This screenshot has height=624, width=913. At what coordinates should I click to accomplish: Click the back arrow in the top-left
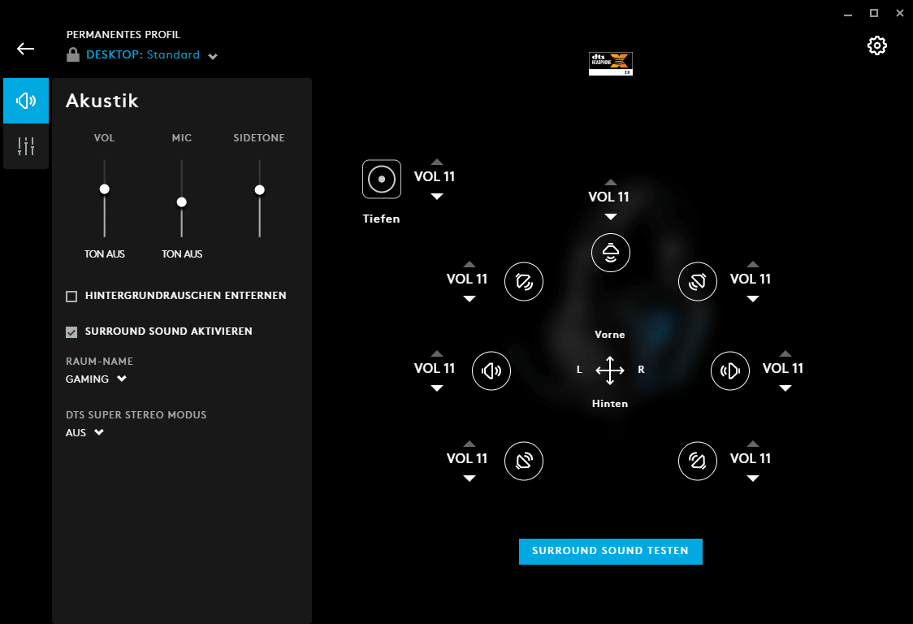click(x=26, y=49)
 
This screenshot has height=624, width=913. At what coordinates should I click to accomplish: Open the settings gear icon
click(x=877, y=45)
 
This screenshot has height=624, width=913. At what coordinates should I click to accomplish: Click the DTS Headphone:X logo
click(x=610, y=63)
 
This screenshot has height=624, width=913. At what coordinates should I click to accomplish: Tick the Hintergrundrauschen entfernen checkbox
click(x=71, y=297)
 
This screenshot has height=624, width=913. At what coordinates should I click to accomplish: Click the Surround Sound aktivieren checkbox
click(x=71, y=332)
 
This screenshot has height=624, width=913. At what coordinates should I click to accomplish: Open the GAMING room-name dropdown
click(x=96, y=379)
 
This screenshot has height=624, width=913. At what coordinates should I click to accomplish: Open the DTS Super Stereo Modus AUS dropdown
click(x=84, y=433)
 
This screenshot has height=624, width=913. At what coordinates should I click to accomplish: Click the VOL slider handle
click(x=104, y=189)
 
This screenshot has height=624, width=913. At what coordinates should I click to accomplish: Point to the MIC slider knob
click(x=182, y=202)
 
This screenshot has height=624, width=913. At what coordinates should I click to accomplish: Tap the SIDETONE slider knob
click(x=260, y=190)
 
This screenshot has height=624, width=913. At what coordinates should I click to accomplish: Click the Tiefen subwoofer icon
click(x=382, y=180)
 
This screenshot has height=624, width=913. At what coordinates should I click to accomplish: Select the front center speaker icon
click(x=610, y=253)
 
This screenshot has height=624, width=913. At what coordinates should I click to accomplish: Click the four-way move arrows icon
click(x=610, y=370)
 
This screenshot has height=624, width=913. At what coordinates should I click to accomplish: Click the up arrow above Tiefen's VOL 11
click(x=437, y=162)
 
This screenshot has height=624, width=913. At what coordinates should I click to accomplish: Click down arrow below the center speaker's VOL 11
click(x=610, y=217)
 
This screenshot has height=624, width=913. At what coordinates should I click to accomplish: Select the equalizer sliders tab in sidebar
click(x=26, y=146)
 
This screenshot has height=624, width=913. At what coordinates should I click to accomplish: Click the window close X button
click(x=900, y=13)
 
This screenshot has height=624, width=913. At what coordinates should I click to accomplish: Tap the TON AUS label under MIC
click(x=182, y=254)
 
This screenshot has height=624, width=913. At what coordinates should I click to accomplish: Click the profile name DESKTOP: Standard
click(x=143, y=54)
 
